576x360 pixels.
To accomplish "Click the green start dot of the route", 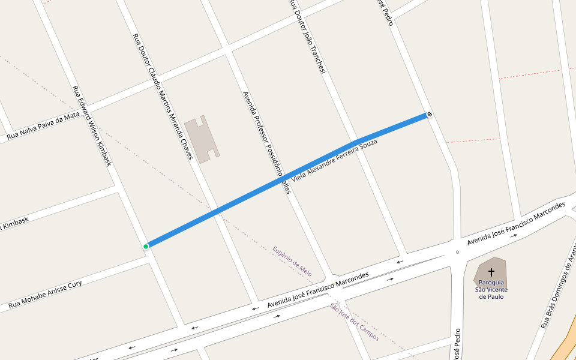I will pyautogui.click(x=146, y=246).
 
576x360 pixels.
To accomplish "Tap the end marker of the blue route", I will pyautogui.click(x=430, y=115).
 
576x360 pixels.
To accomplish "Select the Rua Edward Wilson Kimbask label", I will pyautogui.click(x=92, y=125).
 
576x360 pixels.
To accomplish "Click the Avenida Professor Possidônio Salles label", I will pyautogui.click(x=266, y=142).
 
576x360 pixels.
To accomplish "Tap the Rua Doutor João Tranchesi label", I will pyautogui.click(x=307, y=37).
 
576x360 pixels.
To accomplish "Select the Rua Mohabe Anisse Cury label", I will pyautogui.click(x=45, y=296).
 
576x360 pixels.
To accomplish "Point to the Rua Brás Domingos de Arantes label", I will pyautogui.click(x=558, y=289).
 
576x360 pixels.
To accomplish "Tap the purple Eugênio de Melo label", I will pyautogui.click(x=292, y=261).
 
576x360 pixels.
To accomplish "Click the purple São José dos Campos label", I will pyautogui.click(x=354, y=322).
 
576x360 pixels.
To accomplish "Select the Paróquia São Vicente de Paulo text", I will pyautogui.click(x=491, y=289).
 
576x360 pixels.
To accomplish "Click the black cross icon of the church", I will pyautogui.click(x=491, y=272).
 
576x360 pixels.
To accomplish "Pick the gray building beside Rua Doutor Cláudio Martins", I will pyautogui.click(x=202, y=139).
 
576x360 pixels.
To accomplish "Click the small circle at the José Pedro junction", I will pyautogui.click(x=457, y=252).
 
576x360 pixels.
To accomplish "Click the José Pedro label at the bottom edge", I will pyautogui.click(x=457, y=344).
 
